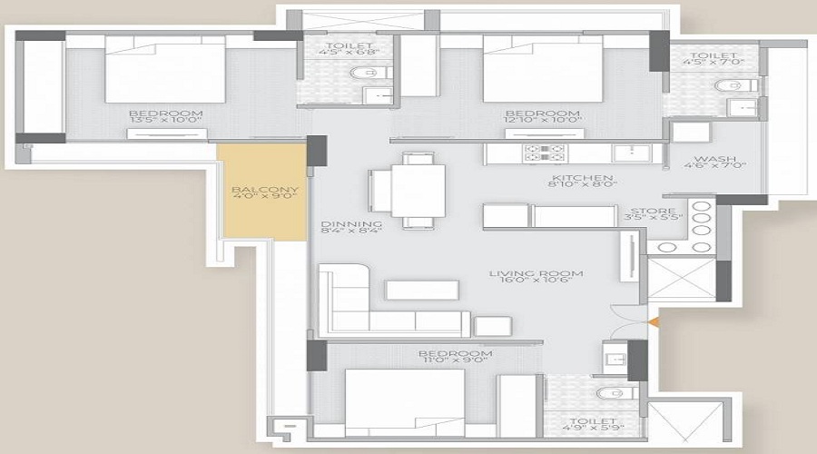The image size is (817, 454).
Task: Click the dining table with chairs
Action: [408, 190]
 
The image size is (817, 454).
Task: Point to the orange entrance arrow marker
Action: [655, 321]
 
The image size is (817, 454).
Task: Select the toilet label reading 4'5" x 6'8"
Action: [345, 52]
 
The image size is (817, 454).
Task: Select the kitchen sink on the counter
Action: [626, 153]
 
